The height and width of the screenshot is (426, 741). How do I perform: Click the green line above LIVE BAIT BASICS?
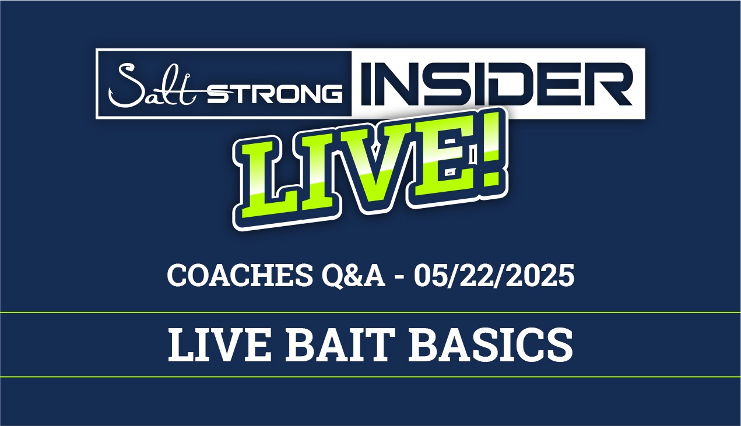(370, 312)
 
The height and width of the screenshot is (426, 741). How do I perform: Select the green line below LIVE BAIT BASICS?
(370, 377)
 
